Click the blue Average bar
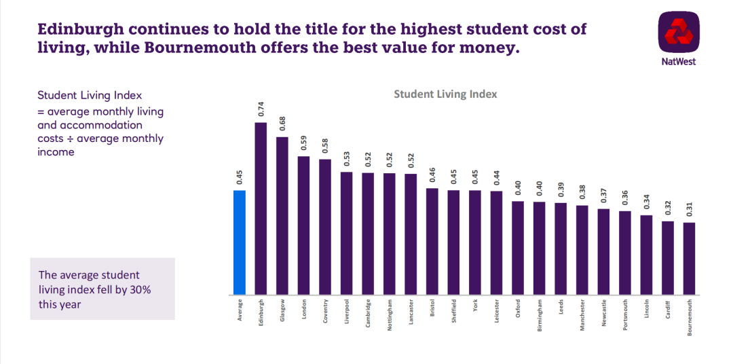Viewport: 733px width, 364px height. (239, 242)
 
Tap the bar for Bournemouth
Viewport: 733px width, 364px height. (689, 259)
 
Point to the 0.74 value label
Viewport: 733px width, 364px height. (261, 109)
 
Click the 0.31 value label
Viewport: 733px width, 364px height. (689, 209)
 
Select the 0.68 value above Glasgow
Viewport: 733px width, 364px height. (282, 124)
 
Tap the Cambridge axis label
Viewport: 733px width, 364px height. (368, 313)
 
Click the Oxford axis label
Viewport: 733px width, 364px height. (518, 308)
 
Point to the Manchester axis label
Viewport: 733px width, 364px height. (582, 314)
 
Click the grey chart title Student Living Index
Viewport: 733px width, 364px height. (445, 94)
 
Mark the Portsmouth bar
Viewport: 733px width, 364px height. (625, 253)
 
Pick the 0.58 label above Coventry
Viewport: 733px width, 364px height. (325, 145)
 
